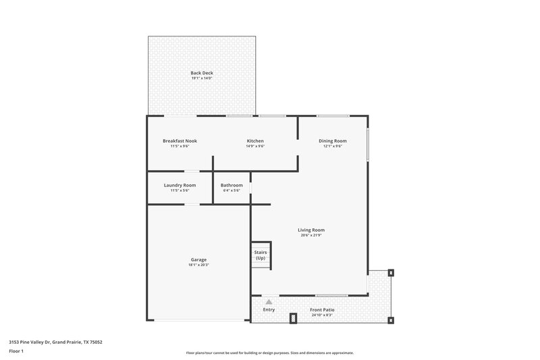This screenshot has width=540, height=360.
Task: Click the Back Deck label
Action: [201, 72]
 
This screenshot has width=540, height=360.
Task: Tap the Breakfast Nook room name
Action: [180, 140]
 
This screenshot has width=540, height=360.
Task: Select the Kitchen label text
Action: [255, 140]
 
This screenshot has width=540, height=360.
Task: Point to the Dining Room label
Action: [333, 140]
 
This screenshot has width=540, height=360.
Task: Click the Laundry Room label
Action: [180, 185]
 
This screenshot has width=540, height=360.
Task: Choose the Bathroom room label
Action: [232, 185]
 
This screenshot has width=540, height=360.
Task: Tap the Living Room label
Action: [311, 230]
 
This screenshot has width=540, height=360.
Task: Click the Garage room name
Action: [198, 260]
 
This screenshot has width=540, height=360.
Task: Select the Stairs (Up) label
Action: [261, 255]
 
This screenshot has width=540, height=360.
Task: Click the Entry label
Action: [269, 310]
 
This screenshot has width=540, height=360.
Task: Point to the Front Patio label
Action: [323, 310]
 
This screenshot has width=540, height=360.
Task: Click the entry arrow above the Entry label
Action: [269, 302]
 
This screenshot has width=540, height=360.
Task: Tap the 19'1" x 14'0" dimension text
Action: [201, 78]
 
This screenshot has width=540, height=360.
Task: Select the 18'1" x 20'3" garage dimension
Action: [198, 265]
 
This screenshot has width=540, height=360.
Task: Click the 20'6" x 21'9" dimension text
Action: [311, 235]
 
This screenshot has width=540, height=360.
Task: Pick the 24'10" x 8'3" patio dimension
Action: [323, 315]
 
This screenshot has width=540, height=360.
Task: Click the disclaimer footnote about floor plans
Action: [269, 353]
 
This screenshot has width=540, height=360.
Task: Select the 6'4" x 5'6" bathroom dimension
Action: [232, 190]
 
